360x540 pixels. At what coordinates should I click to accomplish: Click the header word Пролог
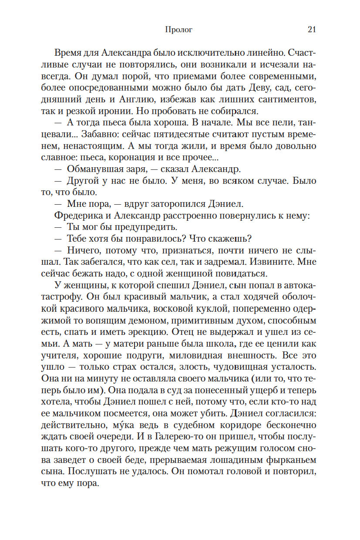click(x=178, y=30)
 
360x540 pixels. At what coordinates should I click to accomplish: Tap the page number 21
click(x=311, y=30)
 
